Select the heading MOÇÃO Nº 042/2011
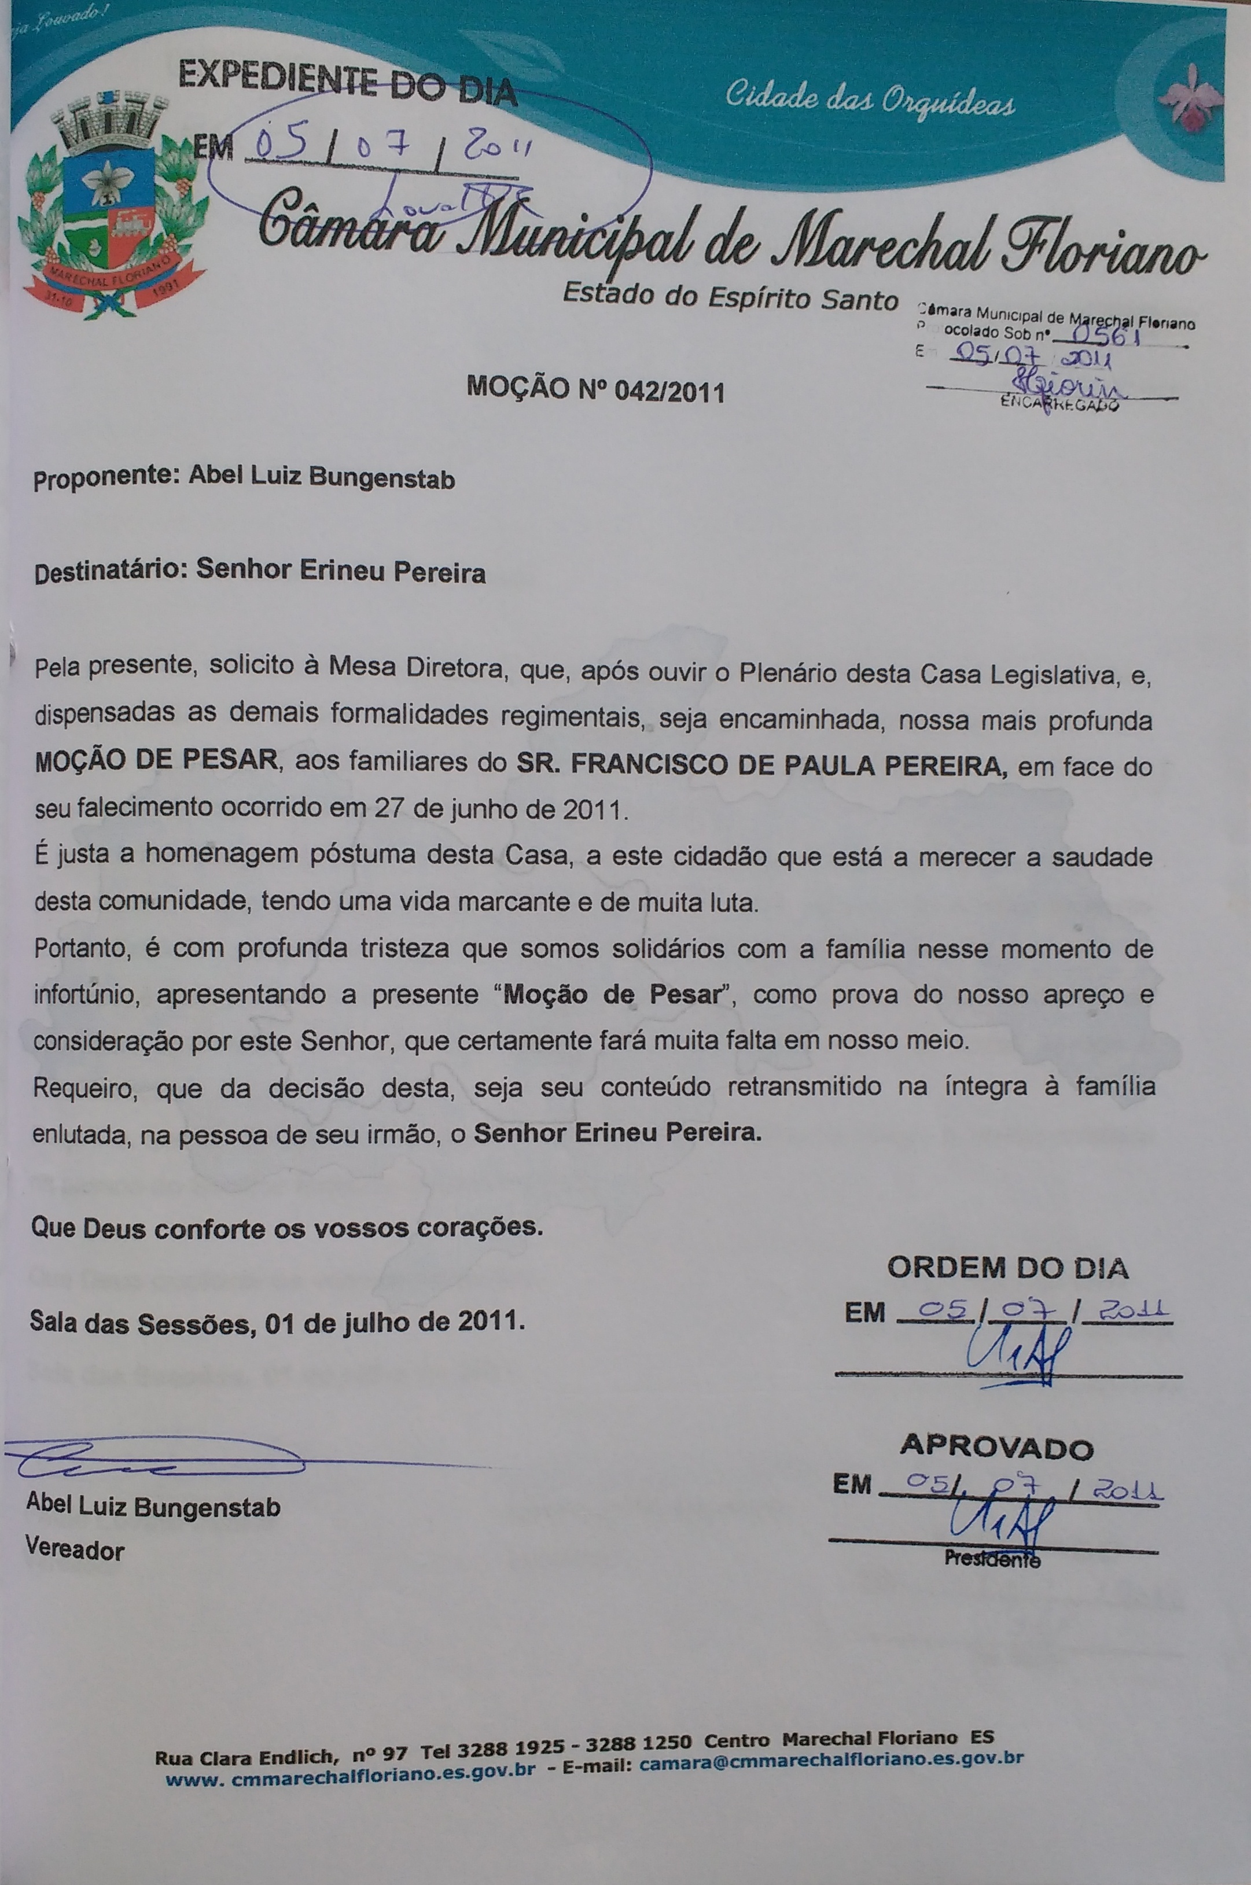595,390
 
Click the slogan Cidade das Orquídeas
870,99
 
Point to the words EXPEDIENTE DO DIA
347,86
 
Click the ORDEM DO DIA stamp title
1007,1268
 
